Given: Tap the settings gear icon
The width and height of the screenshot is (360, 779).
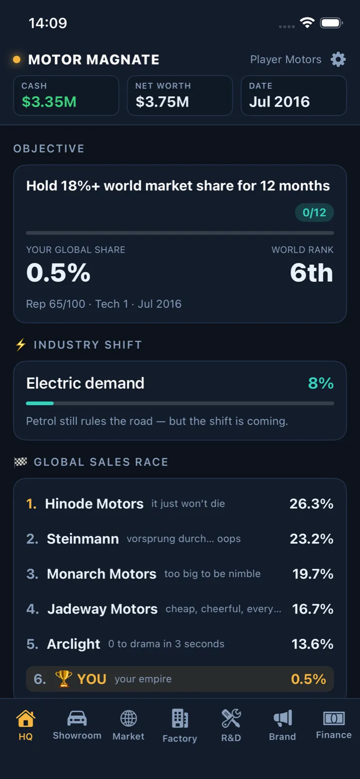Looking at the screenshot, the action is [x=338, y=59].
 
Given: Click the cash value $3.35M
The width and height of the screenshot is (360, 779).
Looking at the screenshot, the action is [x=49, y=102].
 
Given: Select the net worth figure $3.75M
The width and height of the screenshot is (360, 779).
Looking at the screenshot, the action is [x=162, y=102].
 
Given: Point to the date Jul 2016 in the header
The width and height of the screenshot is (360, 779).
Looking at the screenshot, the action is [x=279, y=102].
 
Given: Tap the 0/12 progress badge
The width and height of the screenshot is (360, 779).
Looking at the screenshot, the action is [x=314, y=212].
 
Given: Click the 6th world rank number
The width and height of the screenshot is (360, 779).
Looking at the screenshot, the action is [x=311, y=272].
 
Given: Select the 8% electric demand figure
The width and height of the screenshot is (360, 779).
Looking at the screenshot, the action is [x=321, y=383].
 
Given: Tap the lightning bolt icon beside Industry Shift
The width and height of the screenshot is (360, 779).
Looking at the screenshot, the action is [x=21, y=345].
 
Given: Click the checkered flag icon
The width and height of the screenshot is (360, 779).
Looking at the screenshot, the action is [x=20, y=462].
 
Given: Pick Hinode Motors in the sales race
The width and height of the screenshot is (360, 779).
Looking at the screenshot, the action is [x=94, y=503].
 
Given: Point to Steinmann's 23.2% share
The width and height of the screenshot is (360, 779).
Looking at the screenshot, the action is [x=311, y=538].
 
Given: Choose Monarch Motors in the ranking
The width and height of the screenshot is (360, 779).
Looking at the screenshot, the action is [x=101, y=574].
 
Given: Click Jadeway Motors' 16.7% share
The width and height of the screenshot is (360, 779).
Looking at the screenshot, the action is [x=312, y=609].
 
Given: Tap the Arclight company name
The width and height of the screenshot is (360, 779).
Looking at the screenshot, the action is [x=74, y=644].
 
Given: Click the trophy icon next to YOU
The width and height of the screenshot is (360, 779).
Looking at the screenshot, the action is [x=64, y=679].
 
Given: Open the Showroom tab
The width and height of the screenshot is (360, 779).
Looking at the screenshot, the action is [x=77, y=725].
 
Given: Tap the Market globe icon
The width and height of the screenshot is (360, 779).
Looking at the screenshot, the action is [x=128, y=719].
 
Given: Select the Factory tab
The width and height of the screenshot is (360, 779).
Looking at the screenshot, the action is [x=180, y=726].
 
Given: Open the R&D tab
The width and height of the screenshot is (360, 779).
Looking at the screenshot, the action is [x=231, y=725].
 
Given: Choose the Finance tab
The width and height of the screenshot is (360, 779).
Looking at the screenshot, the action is [x=334, y=725].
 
